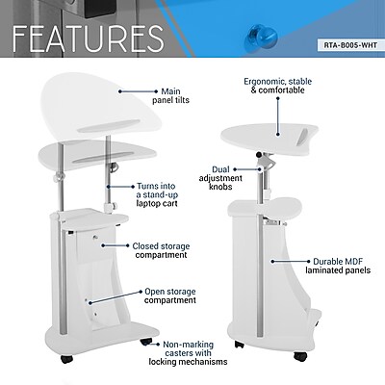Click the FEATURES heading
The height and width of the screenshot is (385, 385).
pyautogui.click(x=89, y=38)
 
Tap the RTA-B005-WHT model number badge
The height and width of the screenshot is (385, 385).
pyautogui.click(x=350, y=45)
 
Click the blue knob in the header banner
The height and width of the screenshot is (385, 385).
pyautogui.click(x=261, y=38)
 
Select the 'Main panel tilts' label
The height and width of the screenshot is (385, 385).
pyautogui.click(x=170, y=96)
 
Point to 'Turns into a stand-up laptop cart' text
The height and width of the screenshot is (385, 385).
pyautogui.click(x=157, y=194)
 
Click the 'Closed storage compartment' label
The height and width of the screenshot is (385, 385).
pyautogui.click(x=161, y=250)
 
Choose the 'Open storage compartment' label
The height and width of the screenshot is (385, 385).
pyautogui.click(x=170, y=295)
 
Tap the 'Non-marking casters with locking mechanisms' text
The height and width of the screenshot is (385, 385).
pyautogui.click(x=188, y=353)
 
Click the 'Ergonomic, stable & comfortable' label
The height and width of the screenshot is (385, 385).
pyautogui.click(x=278, y=86)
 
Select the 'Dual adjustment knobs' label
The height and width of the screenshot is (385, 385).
pyautogui.click(x=220, y=178)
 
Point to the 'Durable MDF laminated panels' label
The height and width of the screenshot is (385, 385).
pyautogui.click(x=338, y=266)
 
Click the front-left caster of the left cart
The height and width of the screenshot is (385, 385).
pyautogui.click(x=67, y=358)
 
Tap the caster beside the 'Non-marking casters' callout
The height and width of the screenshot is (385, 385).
pyautogui.click(x=146, y=342)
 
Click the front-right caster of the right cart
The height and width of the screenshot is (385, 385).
pyautogui.click(x=300, y=356)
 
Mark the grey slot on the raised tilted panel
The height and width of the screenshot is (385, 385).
pyautogui.click(x=110, y=126)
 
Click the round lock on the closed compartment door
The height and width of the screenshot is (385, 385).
pyautogui.click(x=95, y=237)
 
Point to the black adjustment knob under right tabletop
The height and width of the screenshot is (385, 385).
pyautogui.click(x=258, y=155)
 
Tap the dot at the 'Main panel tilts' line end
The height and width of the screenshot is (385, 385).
pyautogui.click(x=120, y=91)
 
